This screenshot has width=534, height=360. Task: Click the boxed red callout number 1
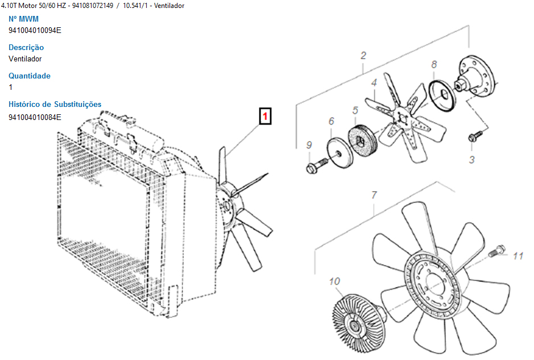coord(266,116)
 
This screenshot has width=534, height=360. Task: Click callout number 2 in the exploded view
coord(363,56)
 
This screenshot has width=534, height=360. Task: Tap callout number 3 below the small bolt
coord(471,159)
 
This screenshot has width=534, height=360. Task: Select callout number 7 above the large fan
coord(374,195)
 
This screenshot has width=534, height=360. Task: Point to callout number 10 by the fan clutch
coord(334,282)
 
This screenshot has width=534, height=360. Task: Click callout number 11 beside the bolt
coord(518,256)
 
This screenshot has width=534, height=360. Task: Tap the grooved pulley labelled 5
coord(362,141)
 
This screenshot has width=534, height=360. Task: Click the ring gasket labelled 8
coord(442,96)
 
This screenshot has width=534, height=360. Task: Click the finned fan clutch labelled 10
coord(359,324)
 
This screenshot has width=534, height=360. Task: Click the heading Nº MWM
coord(23,19)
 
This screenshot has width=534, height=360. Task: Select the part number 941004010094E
coord(35,30)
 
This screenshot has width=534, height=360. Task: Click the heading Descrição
coord(26,47)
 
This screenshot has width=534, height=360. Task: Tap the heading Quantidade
coord(30,76)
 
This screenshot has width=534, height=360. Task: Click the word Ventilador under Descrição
coord(25,59)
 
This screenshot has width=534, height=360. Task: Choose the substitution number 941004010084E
coord(35,118)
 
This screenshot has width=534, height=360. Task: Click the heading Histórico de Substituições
coord(55,104)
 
